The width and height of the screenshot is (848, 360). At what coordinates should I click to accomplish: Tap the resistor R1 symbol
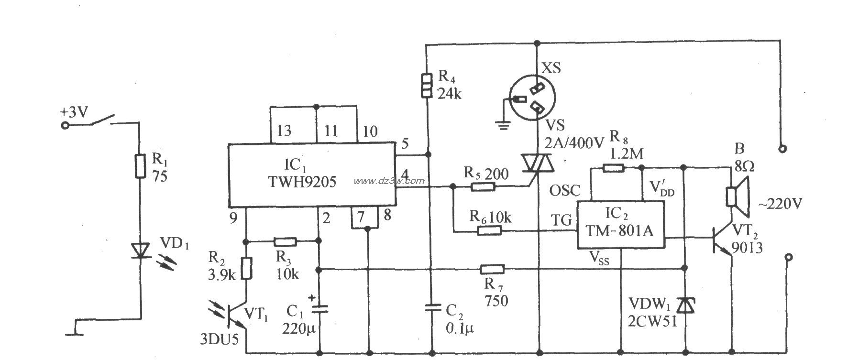tap(140, 166)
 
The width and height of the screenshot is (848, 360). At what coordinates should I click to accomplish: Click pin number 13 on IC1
tap(284, 131)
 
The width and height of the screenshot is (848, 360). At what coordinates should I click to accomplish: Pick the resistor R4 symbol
tap(427, 85)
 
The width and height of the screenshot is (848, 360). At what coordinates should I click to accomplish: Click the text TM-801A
tap(620, 230)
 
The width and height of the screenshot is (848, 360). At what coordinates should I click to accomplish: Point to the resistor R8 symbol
tap(613, 167)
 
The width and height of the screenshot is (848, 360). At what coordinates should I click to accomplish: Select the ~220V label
tap(780, 204)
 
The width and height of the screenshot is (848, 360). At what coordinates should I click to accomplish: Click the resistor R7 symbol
tap(492, 269)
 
